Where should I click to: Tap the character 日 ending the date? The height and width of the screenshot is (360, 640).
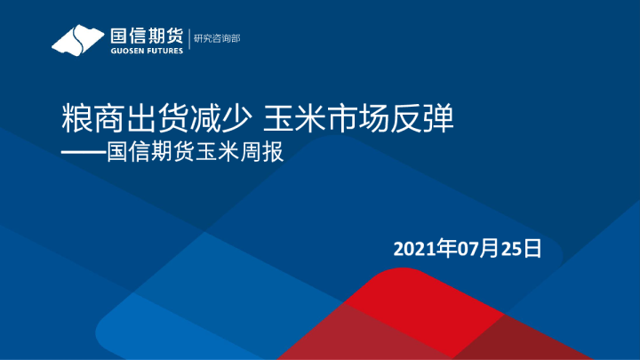pos(532,248)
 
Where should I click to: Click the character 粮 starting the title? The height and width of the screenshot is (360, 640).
pos(72,117)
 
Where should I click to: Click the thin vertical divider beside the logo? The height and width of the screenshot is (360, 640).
pos(188,40)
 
